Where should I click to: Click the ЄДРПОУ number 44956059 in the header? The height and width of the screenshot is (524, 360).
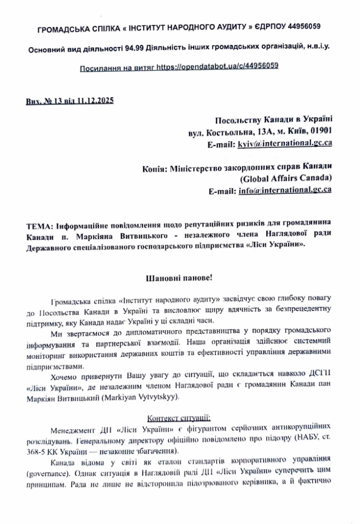point(302,26)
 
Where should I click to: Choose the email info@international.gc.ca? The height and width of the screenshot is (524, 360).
point(285,190)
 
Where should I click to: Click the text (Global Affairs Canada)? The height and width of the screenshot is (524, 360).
point(285,179)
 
